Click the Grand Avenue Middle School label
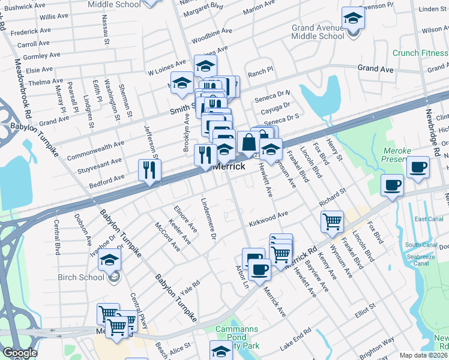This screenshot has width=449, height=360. pyautogui.click(x=318, y=32)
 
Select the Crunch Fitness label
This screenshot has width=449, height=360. pyautogui.click(x=420, y=53)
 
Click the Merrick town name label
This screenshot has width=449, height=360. pyautogui.click(x=229, y=166)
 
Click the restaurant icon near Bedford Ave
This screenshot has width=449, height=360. pyautogui.click(x=148, y=170)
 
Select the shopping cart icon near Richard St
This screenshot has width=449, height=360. pyautogui.click(x=332, y=221)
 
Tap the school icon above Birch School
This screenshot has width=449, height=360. pyautogui.click(x=110, y=259)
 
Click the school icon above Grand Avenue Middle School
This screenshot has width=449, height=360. pyautogui.click(x=353, y=18)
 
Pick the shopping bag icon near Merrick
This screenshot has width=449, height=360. pyautogui.click(x=248, y=143)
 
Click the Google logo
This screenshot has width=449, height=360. pyautogui.click(x=19, y=353)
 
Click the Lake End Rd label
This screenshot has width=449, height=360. pyautogui.click(x=295, y=339)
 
